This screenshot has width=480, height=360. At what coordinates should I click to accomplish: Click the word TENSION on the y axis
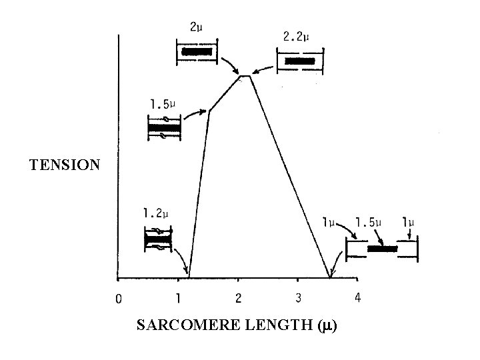(x=65, y=165)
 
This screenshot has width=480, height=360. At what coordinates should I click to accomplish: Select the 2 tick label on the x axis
(x=239, y=298)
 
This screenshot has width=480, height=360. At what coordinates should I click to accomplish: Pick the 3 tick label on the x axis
(x=298, y=298)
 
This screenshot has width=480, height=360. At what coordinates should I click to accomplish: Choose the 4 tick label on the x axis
(x=358, y=298)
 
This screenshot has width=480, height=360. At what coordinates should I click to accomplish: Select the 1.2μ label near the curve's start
(x=155, y=213)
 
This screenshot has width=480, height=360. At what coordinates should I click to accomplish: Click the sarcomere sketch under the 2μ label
(x=196, y=51)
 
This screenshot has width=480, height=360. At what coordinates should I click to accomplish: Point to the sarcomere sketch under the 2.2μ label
(x=299, y=61)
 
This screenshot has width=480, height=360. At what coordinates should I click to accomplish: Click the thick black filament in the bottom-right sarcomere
(x=382, y=249)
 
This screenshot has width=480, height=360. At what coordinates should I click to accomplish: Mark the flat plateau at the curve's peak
(x=245, y=76)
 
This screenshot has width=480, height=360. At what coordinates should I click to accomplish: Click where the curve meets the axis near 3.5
(x=330, y=277)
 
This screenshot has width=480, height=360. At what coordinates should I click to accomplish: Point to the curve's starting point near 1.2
(x=189, y=277)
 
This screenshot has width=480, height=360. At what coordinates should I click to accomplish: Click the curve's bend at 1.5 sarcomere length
(x=209, y=111)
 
